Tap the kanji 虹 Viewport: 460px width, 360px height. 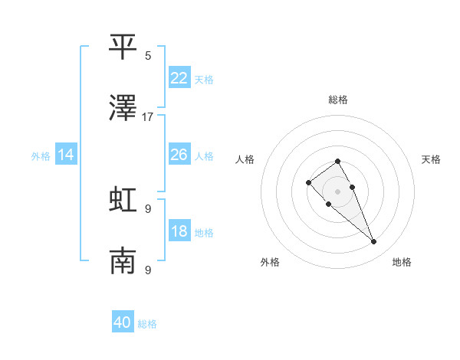(123, 199)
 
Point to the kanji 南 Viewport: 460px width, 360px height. (123, 261)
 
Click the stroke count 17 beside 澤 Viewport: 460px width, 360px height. (148, 117)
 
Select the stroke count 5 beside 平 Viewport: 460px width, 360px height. (148, 55)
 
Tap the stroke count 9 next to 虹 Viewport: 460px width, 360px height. (148, 208)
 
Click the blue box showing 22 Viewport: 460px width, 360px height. (179, 78)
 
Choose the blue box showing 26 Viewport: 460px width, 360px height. (179, 155)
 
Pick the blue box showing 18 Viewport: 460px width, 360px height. (179, 231)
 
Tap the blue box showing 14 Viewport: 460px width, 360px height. (66, 155)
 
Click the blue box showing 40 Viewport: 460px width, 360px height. (123, 322)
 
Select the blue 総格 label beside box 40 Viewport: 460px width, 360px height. (147, 324)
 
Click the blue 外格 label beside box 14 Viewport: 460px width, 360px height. (41, 156)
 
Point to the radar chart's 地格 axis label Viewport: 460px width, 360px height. (402, 263)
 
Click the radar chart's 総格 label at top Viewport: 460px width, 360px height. (338, 100)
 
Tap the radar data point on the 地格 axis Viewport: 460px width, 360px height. (373, 242)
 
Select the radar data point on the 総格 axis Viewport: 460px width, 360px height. (337, 161)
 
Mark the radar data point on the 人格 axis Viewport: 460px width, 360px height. (308, 182)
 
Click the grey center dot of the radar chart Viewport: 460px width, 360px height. (337, 191)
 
